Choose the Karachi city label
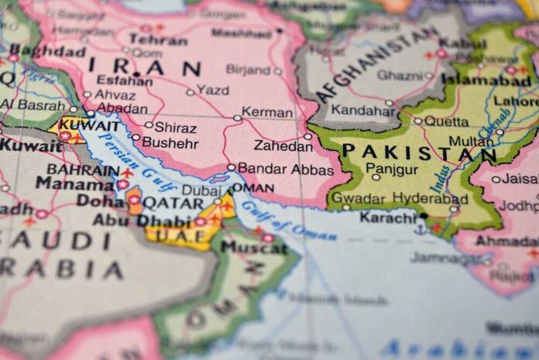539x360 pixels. tap(388, 218)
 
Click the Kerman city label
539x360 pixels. tap(267, 112)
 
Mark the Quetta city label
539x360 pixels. tap(447, 122)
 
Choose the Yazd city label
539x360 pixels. tap(212, 90)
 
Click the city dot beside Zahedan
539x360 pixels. tap(307, 137)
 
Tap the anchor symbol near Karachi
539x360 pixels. tap(421, 229)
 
